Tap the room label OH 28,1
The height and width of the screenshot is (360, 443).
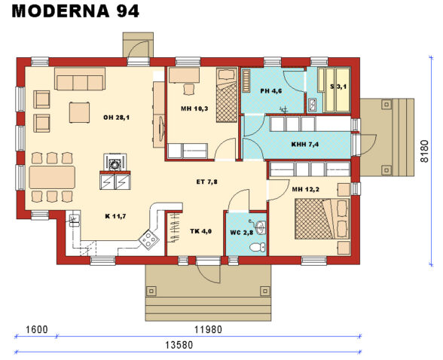pos(117,117)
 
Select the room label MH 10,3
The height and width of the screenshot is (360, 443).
pos(194,109)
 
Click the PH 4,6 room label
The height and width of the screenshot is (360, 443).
pos(270,91)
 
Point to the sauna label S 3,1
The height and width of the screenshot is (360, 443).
pos(338,87)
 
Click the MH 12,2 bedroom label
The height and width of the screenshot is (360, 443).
pos(306,189)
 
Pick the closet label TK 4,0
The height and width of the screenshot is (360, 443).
pos(201,231)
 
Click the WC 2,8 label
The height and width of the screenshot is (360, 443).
pos(243,232)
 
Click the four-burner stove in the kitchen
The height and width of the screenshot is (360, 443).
pos(148,240)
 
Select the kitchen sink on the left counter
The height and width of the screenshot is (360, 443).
pos(75,221)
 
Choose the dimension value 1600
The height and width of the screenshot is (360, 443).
pos(35,328)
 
